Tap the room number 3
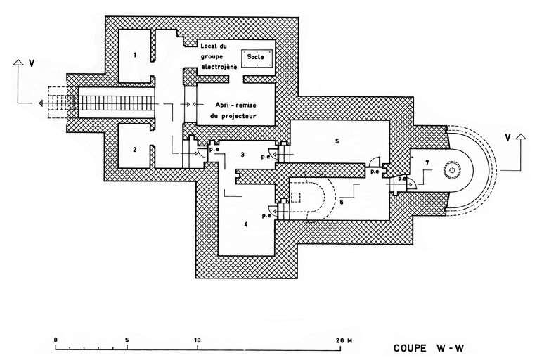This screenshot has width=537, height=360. coord(242,153)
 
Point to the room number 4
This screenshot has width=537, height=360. coord(245,225)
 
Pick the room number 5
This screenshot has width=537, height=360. coord(337,141)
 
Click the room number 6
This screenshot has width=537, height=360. coord(341,201)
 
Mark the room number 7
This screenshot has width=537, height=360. coord(426,163)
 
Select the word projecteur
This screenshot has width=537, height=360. coord(235,115)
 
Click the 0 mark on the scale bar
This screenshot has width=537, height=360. coord(56,340)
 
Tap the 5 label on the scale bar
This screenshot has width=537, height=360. coord(127,340)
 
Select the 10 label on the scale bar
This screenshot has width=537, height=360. coord(197,340)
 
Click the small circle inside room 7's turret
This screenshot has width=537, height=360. coord(448,172)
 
